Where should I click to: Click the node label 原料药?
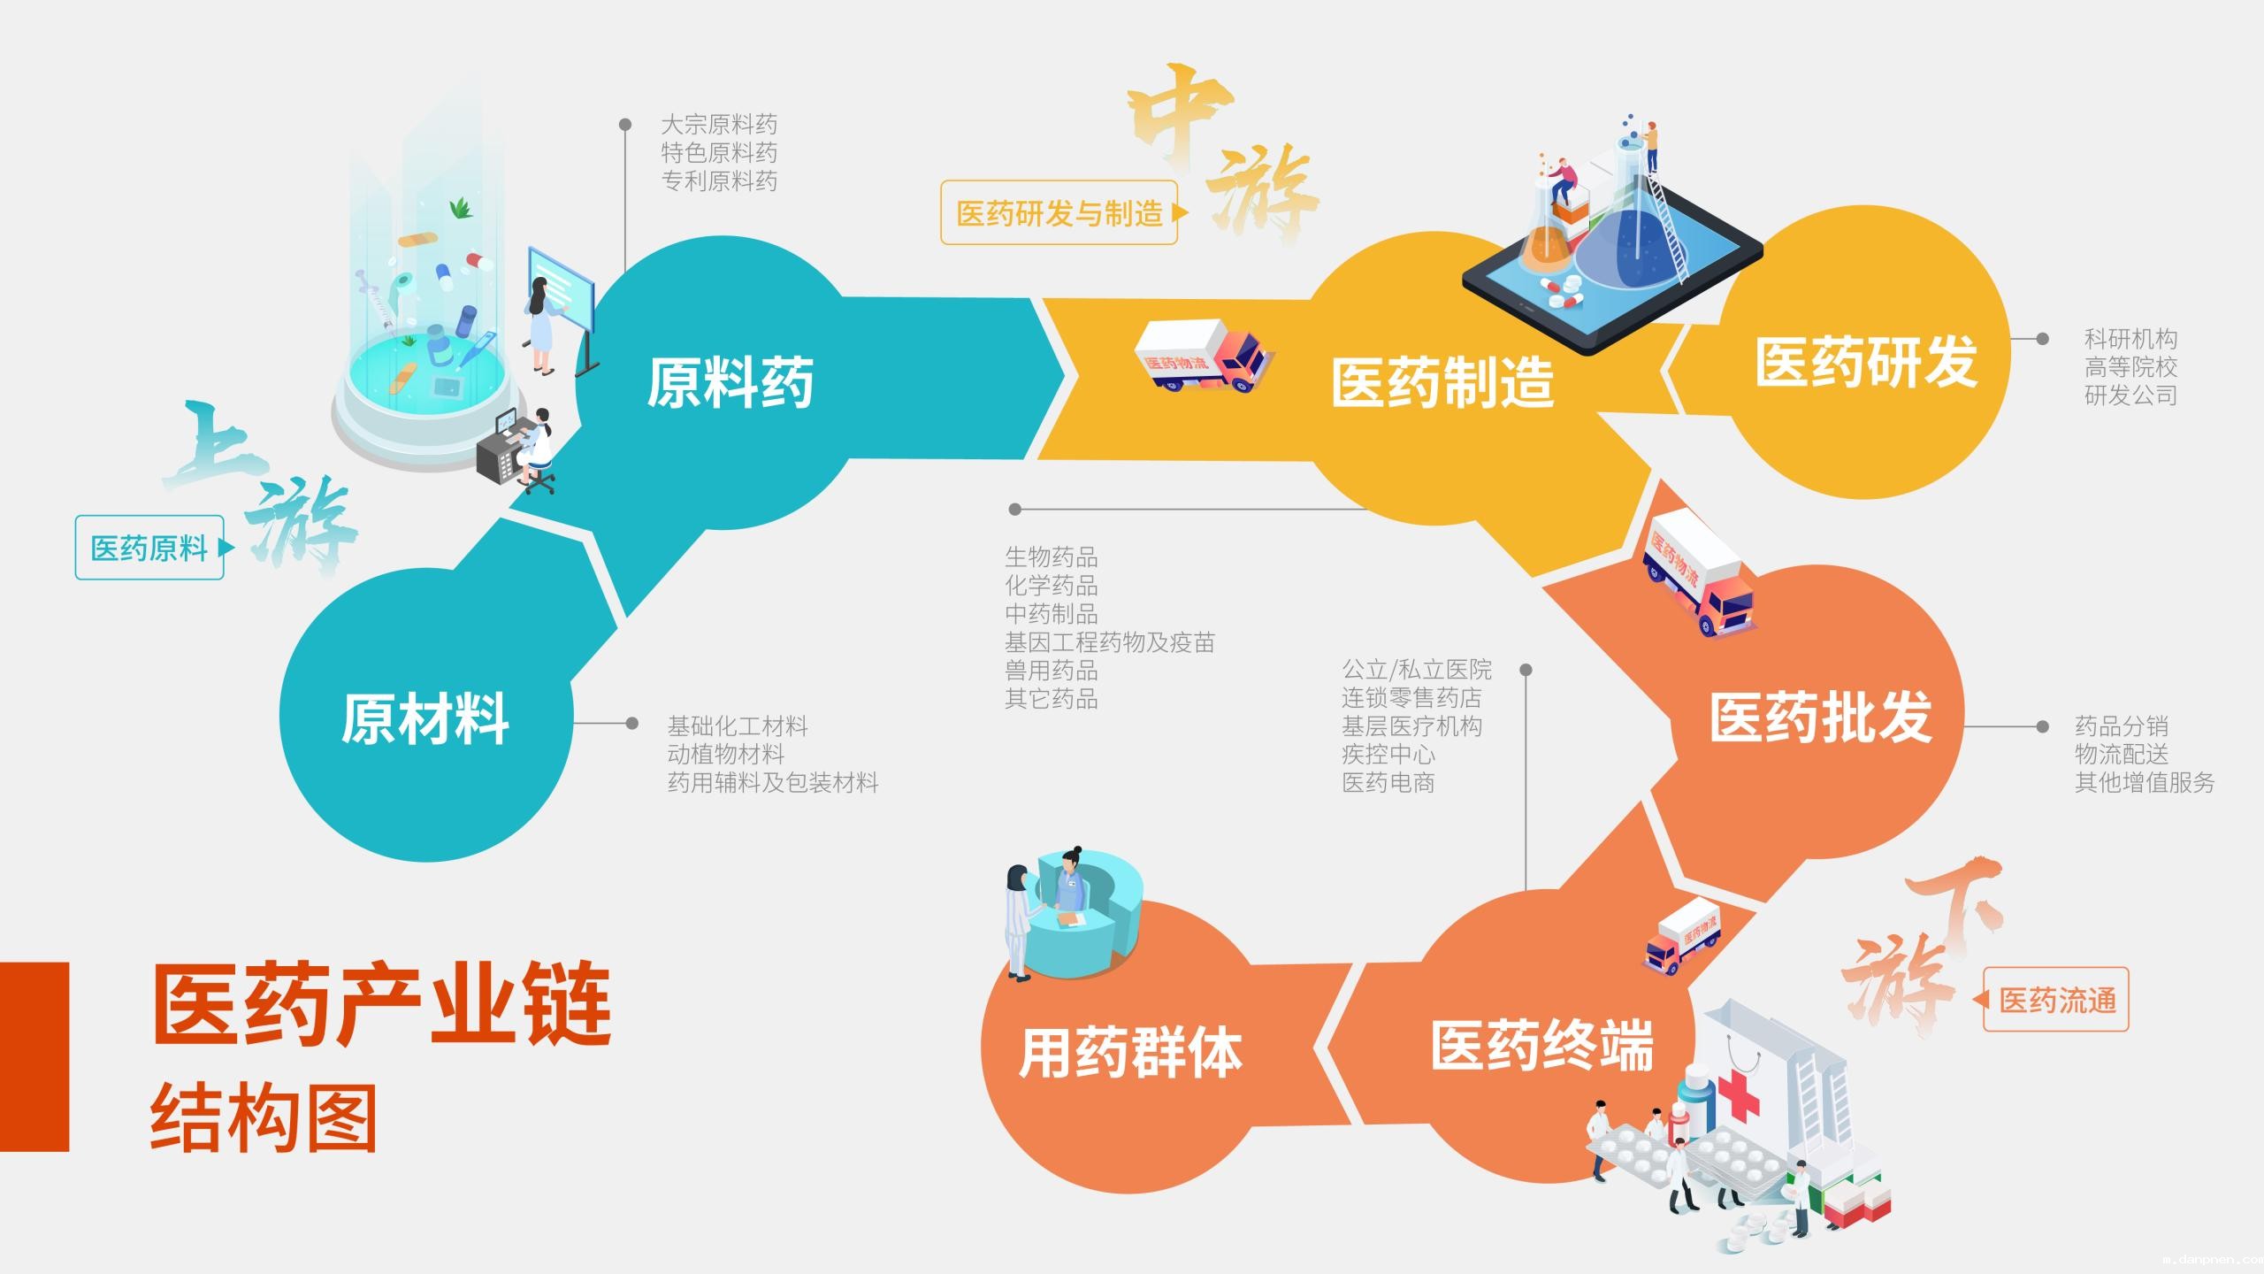pyautogui.click(x=730, y=383)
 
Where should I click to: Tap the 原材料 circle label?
pyautogui.click(x=425, y=718)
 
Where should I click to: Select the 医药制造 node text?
pyautogui.click(x=1442, y=383)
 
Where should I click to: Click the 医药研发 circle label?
pyautogui.click(x=1866, y=362)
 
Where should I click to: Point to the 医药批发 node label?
pyautogui.click(x=1821, y=718)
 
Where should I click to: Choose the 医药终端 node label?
pyautogui.click(x=1542, y=1047)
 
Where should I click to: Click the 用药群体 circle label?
pyautogui.click(x=1131, y=1053)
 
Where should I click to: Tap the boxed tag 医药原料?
pyautogui.click(x=149, y=549)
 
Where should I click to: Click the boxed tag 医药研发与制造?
pyautogui.click(x=1059, y=213)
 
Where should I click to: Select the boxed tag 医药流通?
pyautogui.click(x=2057, y=1001)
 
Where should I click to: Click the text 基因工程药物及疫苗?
pyautogui.click(x=1110, y=642)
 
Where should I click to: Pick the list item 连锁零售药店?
pyautogui.click(x=1411, y=698)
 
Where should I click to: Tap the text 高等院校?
pyautogui.click(x=2131, y=367)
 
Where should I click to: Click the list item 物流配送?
pyautogui.click(x=2122, y=755)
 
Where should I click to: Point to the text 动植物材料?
pyautogui.click(x=726, y=755)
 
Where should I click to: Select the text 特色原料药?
pyautogui.click(x=719, y=153)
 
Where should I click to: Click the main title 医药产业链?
pyautogui.click(x=382, y=1004)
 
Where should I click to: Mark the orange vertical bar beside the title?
pyautogui.click(x=34, y=1056)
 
